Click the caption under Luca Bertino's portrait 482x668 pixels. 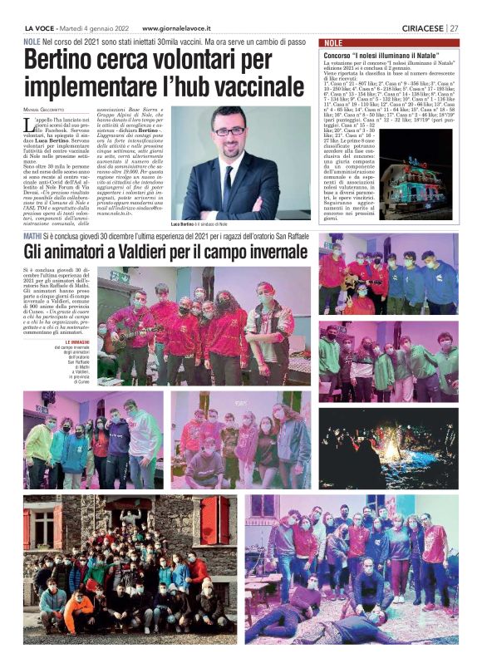click(x=199, y=224)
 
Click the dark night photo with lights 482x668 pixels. click(x=387, y=449)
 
